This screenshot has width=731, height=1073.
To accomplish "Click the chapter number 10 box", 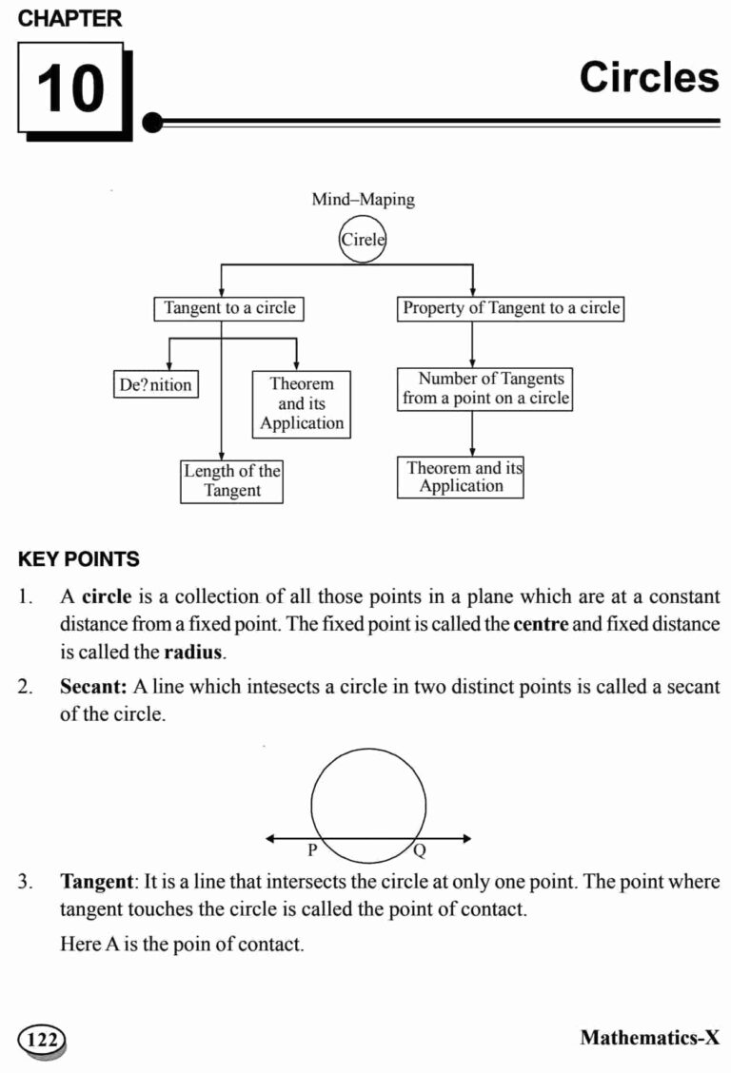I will click(70, 88).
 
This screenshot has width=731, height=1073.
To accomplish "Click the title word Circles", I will click(648, 78).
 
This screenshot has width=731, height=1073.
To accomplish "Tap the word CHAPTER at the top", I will click(70, 18).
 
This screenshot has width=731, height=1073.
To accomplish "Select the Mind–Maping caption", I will click(363, 200).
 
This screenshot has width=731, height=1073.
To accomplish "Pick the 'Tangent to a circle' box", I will click(229, 308).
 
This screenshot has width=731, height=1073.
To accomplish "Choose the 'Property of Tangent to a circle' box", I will click(510, 308).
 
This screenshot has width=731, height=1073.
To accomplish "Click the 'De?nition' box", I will click(155, 385).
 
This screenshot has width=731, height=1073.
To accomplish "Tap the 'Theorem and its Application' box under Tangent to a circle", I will click(302, 404).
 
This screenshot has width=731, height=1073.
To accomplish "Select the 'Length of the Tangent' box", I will click(231, 481).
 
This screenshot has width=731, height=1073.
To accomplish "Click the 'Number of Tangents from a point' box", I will click(485, 389).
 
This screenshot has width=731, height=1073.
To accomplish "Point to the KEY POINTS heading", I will click(79, 559).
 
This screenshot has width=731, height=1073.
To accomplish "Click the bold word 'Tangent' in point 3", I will click(96, 882).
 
